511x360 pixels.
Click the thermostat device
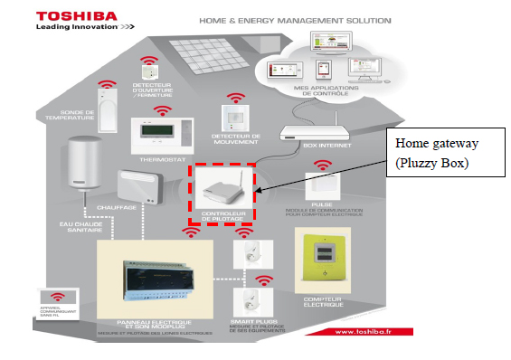(x=160, y=137)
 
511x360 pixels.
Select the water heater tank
(x=83, y=167)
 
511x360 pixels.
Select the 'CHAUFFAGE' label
(x=134, y=207)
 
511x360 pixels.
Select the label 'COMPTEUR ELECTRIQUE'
(x=322, y=300)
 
